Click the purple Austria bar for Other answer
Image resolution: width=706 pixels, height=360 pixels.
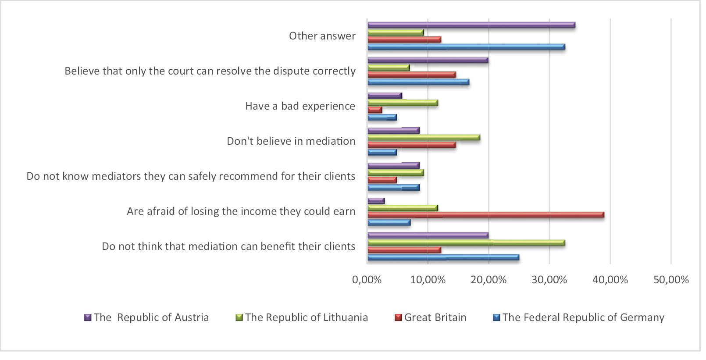click(x=471, y=25)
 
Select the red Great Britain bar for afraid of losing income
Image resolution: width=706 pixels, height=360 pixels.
click(x=485, y=215)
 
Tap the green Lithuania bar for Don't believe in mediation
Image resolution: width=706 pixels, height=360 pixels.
click(x=423, y=138)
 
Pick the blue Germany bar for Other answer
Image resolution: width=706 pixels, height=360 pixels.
click(x=466, y=47)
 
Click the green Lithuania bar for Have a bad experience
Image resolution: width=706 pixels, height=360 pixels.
click(x=402, y=103)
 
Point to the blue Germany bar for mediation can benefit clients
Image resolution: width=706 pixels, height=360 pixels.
click(x=443, y=257)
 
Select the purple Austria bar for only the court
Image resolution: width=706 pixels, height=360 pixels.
click(x=428, y=60)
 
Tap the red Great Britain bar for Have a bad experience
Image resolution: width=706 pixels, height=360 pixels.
click(x=374, y=110)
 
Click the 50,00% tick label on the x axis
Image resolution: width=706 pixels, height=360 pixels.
click(x=671, y=280)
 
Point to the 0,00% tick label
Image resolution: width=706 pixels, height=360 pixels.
click(x=367, y=280)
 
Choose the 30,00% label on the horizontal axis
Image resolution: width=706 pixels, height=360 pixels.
click(x=549, y=280)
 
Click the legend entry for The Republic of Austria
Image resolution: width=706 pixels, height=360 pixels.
click(x=151, y=317)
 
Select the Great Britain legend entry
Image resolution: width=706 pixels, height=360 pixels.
click(x=435, y=317)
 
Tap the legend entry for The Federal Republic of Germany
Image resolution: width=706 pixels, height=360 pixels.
click(x=583, y=317)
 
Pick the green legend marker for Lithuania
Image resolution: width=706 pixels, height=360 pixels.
click(x=239, y=317)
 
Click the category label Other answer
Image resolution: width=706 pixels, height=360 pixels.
click(x=322, y=36)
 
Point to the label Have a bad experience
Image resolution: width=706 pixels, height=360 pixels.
click(x=300, y=106)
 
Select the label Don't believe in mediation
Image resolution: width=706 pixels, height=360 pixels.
click(x=291, y=141)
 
